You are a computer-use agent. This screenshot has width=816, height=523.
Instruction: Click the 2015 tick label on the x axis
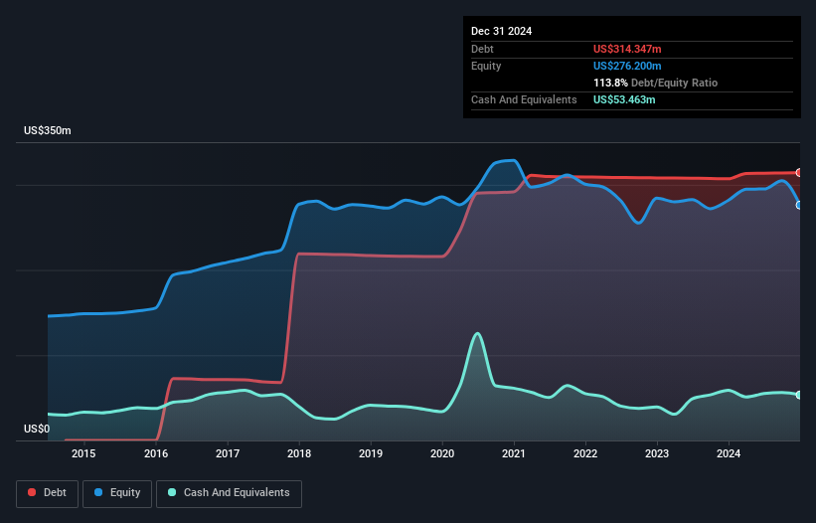84,454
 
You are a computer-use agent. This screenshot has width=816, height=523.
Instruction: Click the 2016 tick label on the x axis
156,454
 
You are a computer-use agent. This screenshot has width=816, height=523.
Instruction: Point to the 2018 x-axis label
299,454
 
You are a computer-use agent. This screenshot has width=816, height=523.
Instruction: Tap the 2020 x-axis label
442,454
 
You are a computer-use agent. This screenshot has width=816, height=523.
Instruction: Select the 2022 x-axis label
585,454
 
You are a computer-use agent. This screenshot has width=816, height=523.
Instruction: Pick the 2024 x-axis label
729,454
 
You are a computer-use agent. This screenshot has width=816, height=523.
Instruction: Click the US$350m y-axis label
48,131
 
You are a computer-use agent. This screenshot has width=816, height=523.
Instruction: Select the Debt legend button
47,493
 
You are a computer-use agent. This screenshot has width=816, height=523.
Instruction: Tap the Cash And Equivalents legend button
229,493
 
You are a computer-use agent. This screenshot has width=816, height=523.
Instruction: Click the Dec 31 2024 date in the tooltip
501,31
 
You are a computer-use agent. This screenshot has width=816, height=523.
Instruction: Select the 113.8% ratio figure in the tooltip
607,84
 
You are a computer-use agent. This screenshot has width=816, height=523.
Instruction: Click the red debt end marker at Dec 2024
799,173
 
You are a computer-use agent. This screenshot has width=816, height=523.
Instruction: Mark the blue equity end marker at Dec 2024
799,205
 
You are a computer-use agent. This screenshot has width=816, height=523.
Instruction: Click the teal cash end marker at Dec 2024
799,395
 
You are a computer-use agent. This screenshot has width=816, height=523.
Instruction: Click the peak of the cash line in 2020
478,333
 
